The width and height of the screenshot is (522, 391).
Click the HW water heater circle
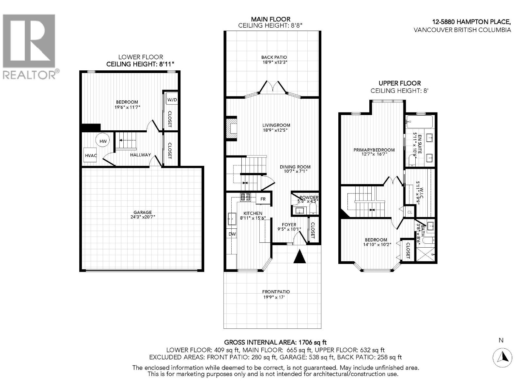(x=103, y=141)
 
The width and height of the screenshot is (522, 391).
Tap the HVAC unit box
(x=90, y=155)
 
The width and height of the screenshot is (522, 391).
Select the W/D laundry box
(x=172, y=99)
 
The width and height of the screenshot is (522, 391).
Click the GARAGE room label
(x=142, y=212)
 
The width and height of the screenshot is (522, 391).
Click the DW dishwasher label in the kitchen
(x=232, y=234)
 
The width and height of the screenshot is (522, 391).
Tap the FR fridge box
(x=263, y=199)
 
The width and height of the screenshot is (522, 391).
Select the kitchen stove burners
(x=245, y=196)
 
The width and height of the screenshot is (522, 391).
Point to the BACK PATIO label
(x=274, y=57)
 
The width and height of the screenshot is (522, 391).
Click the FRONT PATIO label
(x=276, y=292)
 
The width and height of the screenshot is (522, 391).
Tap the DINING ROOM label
(x=295, y=167)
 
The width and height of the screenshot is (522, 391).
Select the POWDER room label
(x=309, y=197)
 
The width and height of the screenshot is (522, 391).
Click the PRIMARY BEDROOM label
(x=374, y=150)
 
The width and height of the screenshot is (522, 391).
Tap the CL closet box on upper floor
(x=410, y=212)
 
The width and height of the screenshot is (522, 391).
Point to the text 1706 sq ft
(x=311, y=342)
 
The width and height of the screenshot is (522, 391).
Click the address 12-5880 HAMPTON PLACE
(x=471, y=22)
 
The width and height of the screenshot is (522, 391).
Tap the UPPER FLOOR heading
(x=399, y=83)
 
